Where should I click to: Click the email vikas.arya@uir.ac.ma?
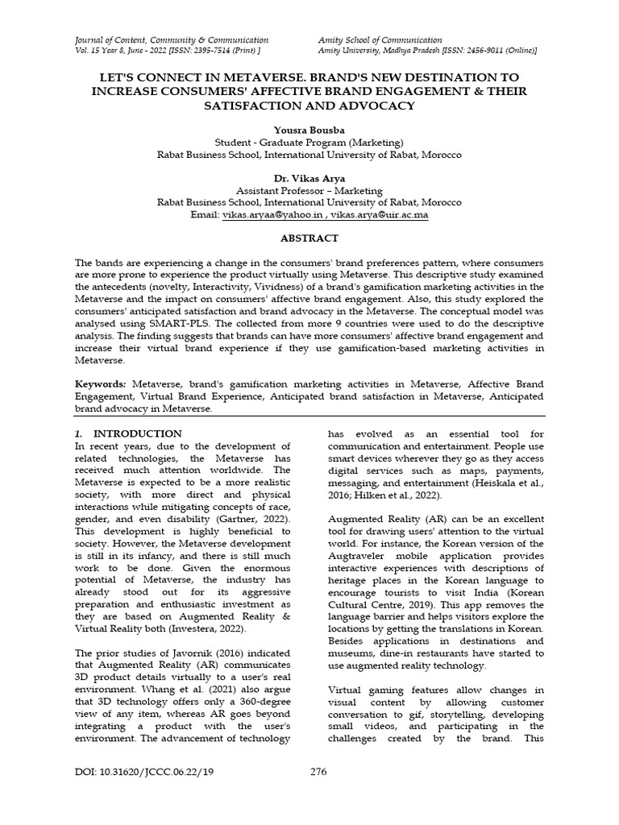pos(380,216)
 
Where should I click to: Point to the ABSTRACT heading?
pos(309,238)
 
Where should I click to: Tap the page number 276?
pos(318,773)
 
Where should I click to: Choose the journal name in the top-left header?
pos(171,39)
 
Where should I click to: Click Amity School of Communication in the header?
pos(380,39)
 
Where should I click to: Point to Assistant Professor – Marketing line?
pos(309,192)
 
